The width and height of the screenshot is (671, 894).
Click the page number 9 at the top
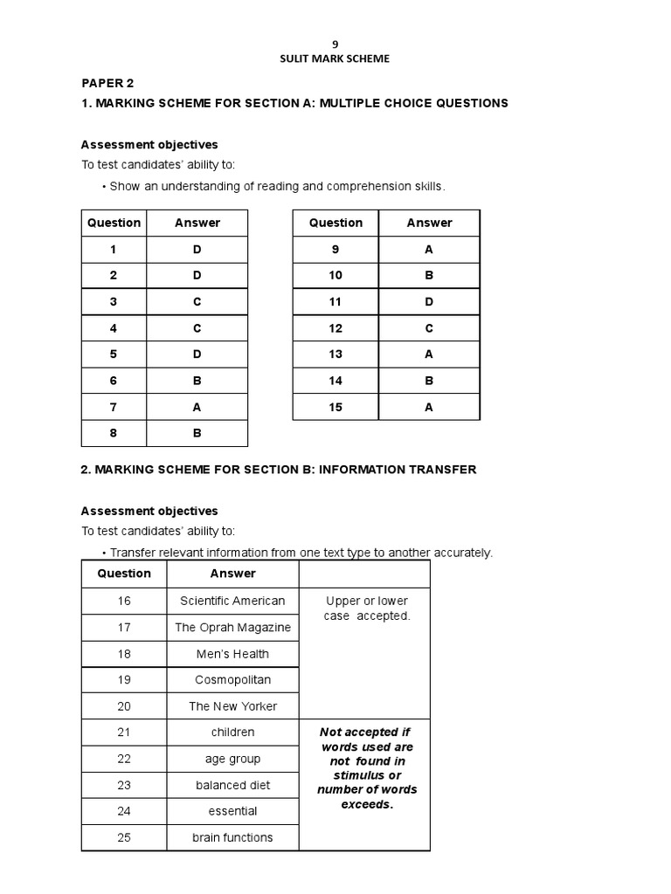tap(335, 42)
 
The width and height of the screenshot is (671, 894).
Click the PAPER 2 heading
tap(107, 84)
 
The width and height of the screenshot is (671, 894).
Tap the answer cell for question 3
tap(197, 302)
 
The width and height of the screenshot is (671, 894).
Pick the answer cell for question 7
tap(197, 407)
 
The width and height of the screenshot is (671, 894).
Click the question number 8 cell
tap(114, 433)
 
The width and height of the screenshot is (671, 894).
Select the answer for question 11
tap(429, 302)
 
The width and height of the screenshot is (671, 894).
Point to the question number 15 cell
tap(335, 407)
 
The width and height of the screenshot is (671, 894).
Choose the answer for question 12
tap(429, 328)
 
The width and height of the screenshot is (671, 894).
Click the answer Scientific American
tap(232, 601)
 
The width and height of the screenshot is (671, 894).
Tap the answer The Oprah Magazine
tap(232, 627)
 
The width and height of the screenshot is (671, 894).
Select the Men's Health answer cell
tap(232, 654)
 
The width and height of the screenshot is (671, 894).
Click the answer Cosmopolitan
tap(232, 679)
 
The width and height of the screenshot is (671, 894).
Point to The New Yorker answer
tap(232, 706)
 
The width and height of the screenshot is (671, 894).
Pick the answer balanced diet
tap(232, 785)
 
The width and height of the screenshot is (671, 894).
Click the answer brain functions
tap(232, 837)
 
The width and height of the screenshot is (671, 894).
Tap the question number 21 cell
tap(124, 732)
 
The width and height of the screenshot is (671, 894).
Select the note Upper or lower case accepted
tap(366, 609)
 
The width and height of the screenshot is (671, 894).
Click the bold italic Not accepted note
tap(366, 768)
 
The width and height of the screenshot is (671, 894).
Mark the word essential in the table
tap(232, 811)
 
